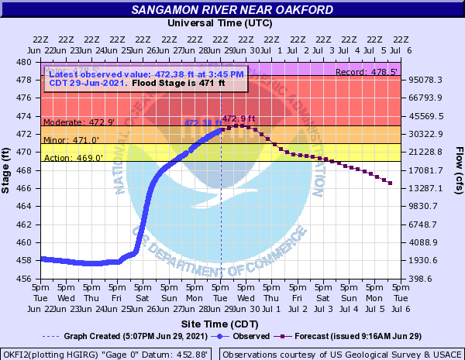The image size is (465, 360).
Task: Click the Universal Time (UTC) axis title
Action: [221, 23]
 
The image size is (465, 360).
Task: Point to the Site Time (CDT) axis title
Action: [221, 322]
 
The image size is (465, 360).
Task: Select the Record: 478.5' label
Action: [367, 72]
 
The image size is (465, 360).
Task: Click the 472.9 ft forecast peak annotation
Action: [239, 118]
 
